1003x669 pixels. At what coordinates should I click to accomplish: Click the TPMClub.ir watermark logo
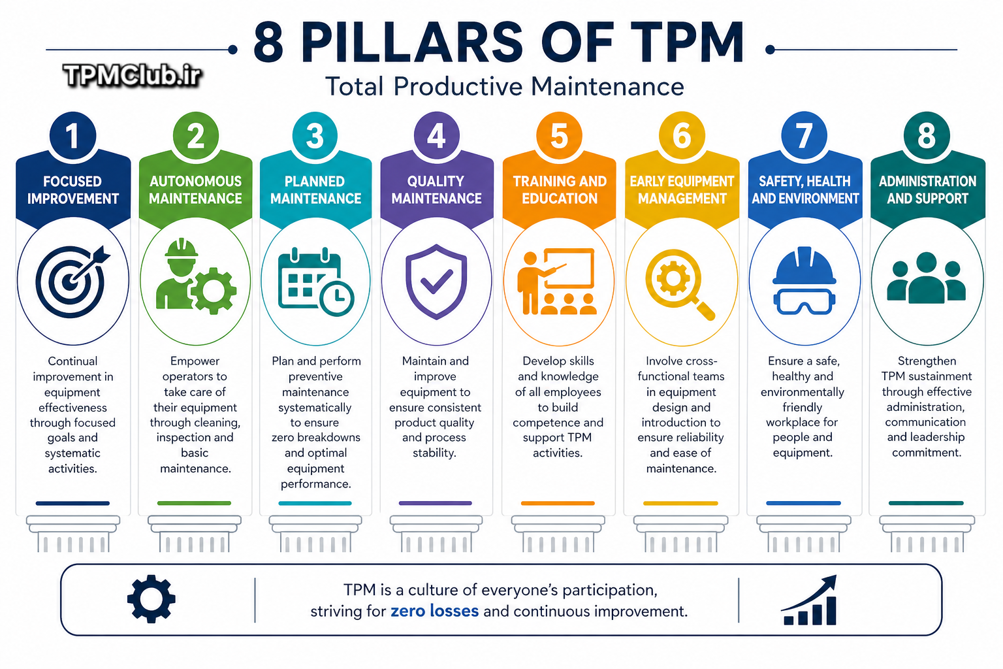(132, 75)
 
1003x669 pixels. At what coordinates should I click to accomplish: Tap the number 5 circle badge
(559, 135)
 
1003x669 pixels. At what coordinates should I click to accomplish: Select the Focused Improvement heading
(73, 190)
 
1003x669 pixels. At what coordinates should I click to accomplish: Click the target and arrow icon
(72, 282)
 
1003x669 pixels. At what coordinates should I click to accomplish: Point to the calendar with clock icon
(315, 282)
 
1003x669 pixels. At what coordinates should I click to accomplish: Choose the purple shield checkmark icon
(436, 282)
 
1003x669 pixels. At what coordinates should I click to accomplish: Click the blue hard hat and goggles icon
(804, 280)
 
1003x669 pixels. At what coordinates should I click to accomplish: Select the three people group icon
(927, 278)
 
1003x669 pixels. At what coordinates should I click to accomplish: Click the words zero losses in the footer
(434, 611)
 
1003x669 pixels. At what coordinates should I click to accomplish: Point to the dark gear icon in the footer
(151, 598)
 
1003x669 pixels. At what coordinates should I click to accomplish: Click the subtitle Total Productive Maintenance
(505, 86)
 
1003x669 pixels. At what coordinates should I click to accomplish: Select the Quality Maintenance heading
(437, 190)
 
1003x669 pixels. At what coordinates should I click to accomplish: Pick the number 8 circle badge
(927, 135)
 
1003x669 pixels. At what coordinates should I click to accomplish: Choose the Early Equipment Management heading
(682, 190)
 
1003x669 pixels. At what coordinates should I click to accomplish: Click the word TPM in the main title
(688, 42)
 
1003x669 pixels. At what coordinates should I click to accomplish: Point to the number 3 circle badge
(315, 135)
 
